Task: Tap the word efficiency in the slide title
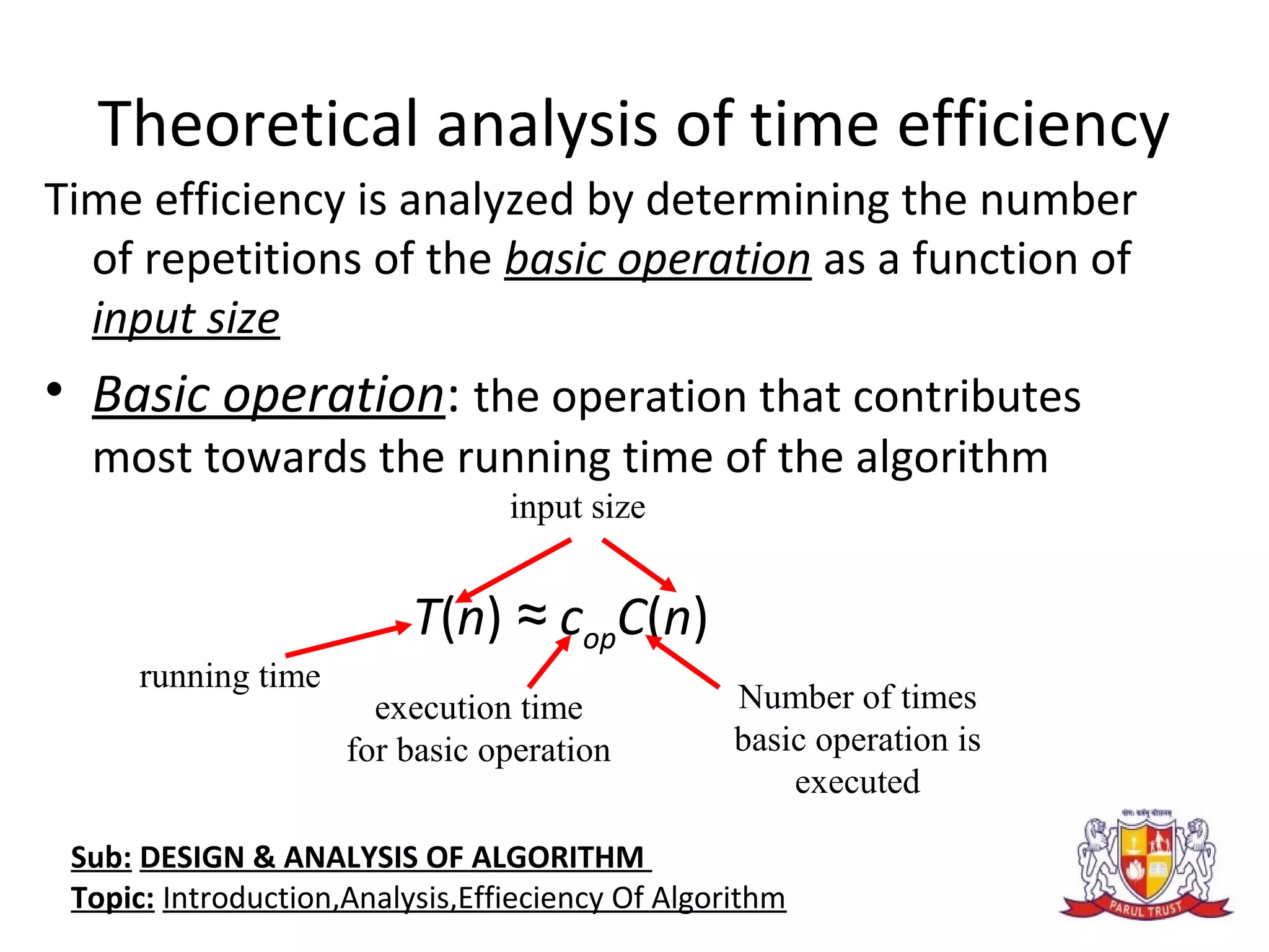click(x=1033, y=126)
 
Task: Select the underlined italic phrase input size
click(x=186, y=319)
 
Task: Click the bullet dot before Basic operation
click(x=55, y=390)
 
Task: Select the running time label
click(x=230, y=676)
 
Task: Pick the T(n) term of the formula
click(x=457, y=618)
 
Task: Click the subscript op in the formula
click(x=599, y=639)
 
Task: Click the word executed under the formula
click(x=857, y=782)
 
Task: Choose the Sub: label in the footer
click(x=101, y=858)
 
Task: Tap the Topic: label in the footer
click(x=112, y=898)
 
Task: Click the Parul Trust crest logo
click(x=1146, y=865)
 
